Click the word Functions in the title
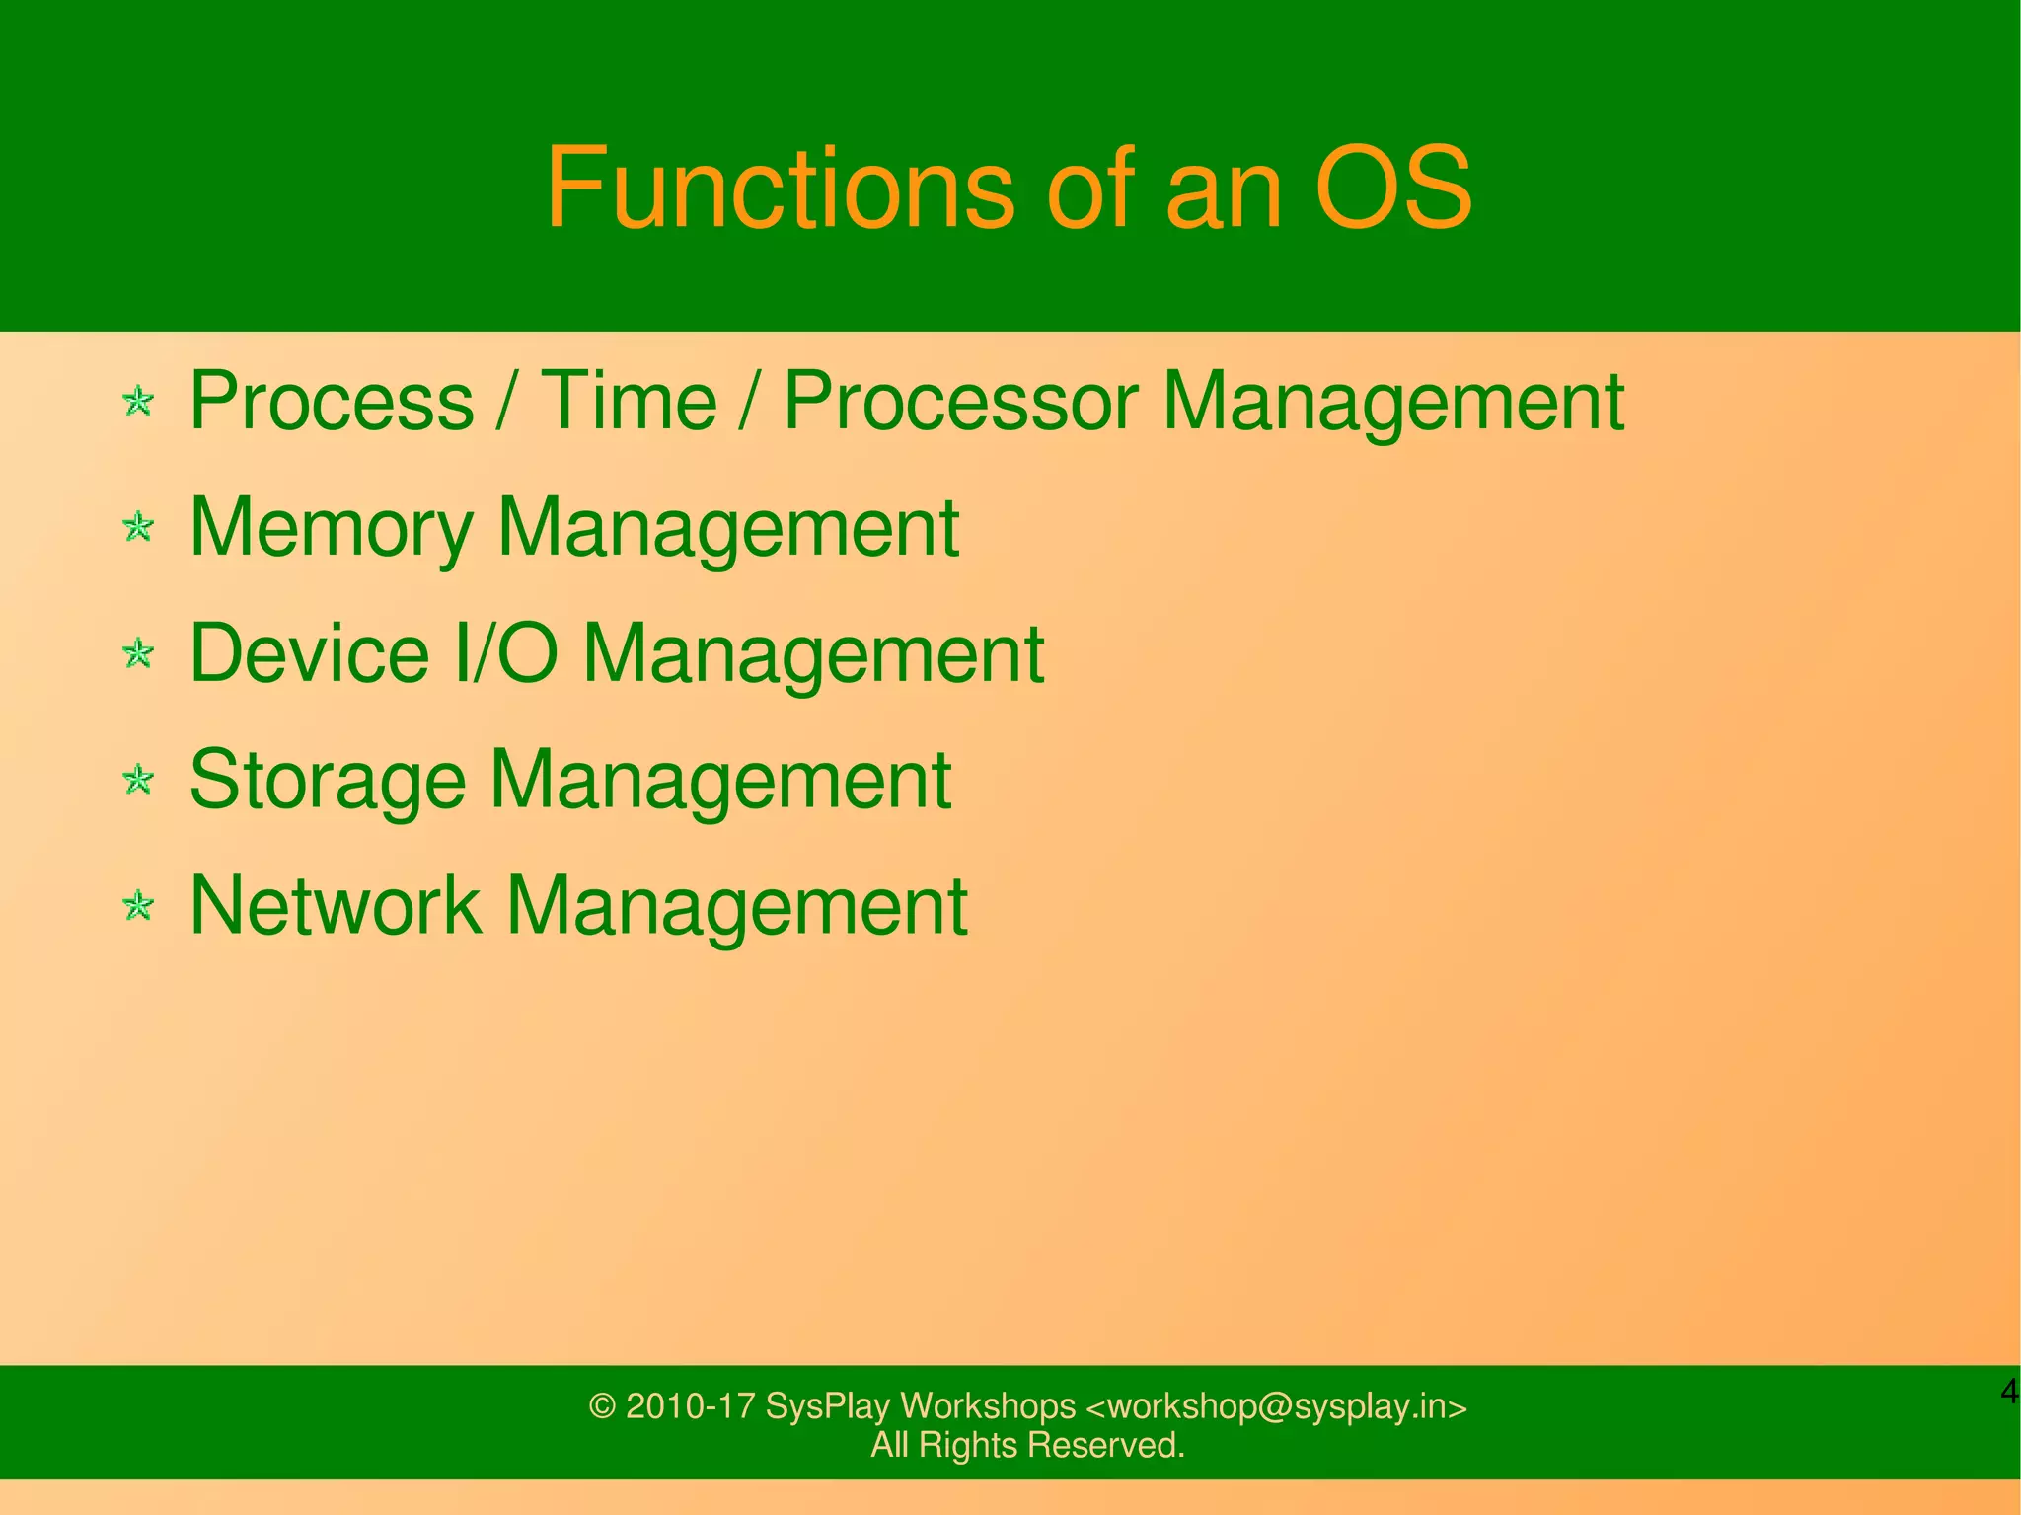(x=779, y=188)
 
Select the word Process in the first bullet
(x=332, y=401)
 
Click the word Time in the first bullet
(x=629, y=401)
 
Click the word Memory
(x=332, y=528)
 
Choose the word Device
(x=309, y=653)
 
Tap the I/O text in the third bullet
(x=505, y=653)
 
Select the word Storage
(x=327, y=780)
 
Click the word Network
(x=336, y=905)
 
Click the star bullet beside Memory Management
(x=139, y=527)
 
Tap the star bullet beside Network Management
(x=139, y=905)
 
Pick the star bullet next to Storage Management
(x=139, y=780)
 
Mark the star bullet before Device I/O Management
(x=139, y=653)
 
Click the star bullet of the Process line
(x=139, y=401)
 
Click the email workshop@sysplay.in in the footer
(x=1276, y=1406)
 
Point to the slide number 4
(x=2009, y=1393)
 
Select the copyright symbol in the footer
(x=602, y=1406)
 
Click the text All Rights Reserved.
(x=1027, y=1445)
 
